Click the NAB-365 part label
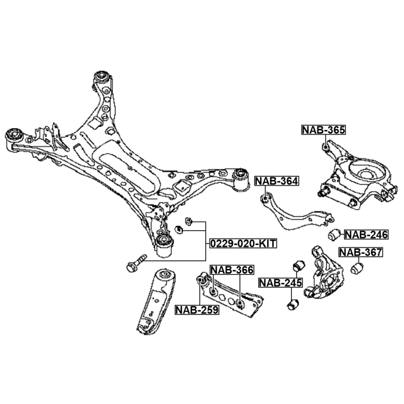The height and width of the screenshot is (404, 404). tap(323, 131)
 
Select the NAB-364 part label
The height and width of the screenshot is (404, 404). tap(276, 182)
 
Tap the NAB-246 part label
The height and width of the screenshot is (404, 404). tap(366, 234)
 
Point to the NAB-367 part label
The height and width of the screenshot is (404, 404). tap(360, 252)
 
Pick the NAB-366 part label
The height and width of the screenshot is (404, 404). tap(232, 270)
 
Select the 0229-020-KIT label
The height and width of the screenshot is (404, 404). tap(243, 243)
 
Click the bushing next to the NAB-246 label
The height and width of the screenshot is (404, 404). tap(336, 235)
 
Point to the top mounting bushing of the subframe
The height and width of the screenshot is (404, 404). tap(102, 79)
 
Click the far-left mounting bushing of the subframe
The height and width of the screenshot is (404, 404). tap(14, 135)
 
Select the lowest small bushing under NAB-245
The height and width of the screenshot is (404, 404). tap(292, 305)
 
